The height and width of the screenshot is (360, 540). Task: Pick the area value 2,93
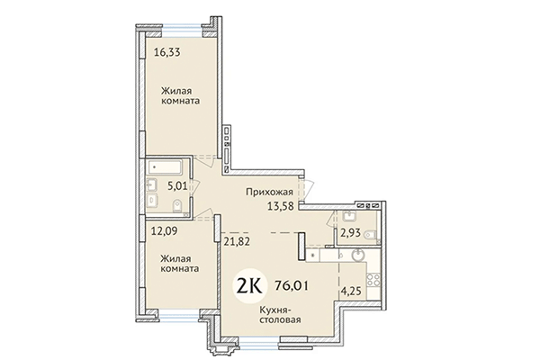point(349,233)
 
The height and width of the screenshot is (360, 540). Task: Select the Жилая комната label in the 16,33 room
point(180,95)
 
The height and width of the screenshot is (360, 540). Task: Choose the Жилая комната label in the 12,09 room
point(180,262)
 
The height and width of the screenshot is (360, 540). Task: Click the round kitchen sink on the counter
point(358,255)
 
